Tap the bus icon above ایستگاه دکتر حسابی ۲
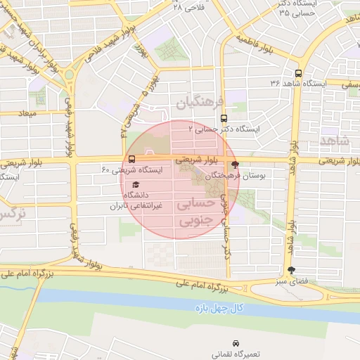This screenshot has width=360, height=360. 224,118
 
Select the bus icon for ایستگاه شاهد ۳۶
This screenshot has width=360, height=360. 299,73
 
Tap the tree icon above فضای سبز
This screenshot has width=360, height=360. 292,271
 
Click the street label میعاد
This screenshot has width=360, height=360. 28,112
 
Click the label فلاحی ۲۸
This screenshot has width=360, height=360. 186,6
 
